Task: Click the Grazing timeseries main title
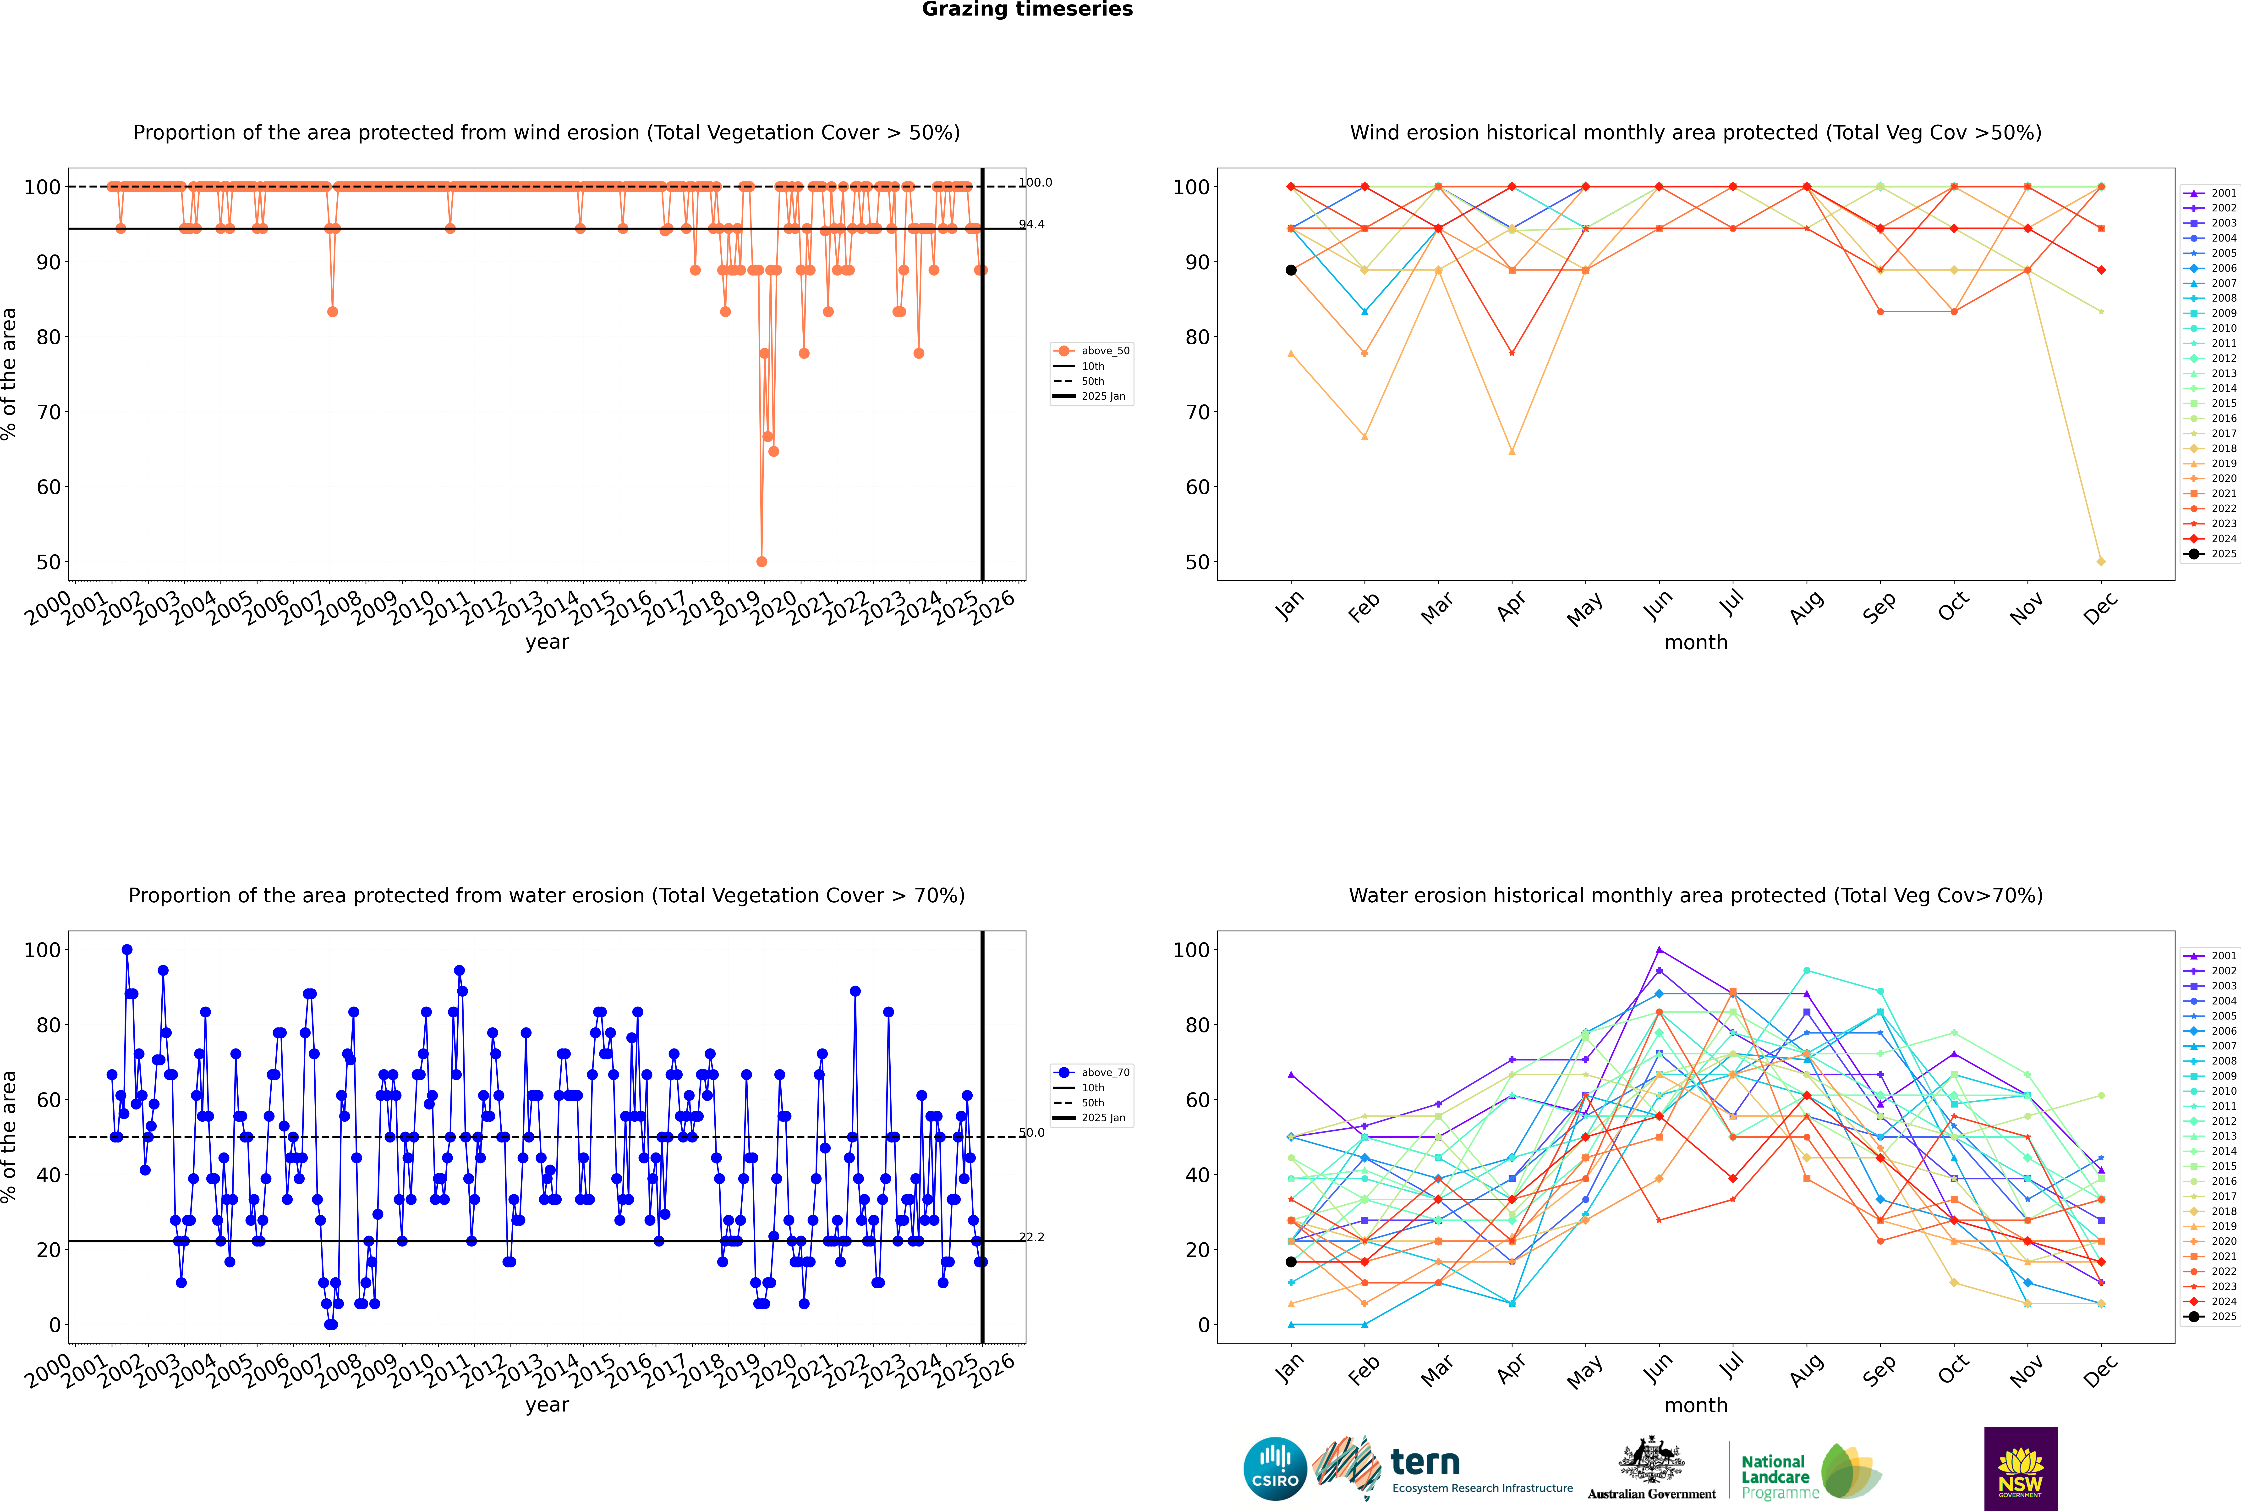[1027, 10]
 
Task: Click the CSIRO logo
[1275, 1469]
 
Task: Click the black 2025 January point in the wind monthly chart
[1291, 270]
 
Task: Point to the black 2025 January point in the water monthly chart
[1291, 1261]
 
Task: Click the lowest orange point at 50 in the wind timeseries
[762, 562]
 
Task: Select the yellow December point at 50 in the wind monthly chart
[2101, 562]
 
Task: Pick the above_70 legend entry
[1092, 1073]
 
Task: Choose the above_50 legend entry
[1092, 351]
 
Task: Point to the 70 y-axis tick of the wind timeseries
[48, 413]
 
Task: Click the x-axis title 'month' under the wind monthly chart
[1696, 643]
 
